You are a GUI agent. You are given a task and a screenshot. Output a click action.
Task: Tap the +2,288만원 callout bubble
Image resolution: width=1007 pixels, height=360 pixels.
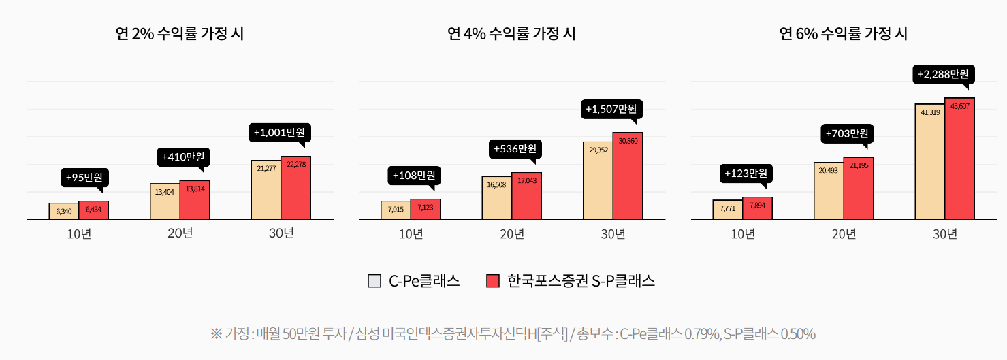(943, 74)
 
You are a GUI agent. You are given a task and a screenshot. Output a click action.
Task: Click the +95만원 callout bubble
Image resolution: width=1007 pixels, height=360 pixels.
(84, 178)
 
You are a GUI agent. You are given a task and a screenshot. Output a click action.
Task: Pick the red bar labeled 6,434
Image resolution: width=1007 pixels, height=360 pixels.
(93, 210)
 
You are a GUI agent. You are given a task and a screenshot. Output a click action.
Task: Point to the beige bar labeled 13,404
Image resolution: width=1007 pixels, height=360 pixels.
(164, 201)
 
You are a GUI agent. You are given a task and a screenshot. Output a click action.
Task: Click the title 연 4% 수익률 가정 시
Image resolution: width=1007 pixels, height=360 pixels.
(511, 33)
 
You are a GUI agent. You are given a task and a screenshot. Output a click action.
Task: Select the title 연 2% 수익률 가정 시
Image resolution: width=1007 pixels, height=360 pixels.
(180, 33)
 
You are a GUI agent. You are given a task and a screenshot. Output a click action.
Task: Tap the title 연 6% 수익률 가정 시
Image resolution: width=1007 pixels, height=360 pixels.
(844, 33)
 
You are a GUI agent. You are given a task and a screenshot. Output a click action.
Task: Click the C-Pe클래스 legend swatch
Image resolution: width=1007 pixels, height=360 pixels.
(374, 281)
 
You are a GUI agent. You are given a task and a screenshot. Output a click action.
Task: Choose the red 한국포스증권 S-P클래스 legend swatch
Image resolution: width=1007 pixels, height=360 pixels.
(493, 281)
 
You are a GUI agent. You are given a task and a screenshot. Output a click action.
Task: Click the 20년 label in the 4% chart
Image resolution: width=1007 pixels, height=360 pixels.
(512, 234)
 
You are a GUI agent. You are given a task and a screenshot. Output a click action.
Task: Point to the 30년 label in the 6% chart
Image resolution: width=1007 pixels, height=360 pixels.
(944, 234)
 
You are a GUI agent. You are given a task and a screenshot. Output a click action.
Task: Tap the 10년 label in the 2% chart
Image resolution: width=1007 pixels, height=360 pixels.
(79, 234)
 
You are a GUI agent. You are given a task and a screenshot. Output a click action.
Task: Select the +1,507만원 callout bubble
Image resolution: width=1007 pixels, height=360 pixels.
(611, 109)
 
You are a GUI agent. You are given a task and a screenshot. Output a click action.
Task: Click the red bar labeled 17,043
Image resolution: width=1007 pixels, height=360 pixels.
(526, 196)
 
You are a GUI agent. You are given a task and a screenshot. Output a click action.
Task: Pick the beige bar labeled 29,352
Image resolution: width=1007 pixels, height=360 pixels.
(597, 180)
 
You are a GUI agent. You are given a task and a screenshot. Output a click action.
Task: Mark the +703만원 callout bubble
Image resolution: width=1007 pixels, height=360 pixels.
(846, 134)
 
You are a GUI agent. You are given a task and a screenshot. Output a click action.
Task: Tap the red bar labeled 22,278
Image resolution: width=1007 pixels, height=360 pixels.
(295, 188)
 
